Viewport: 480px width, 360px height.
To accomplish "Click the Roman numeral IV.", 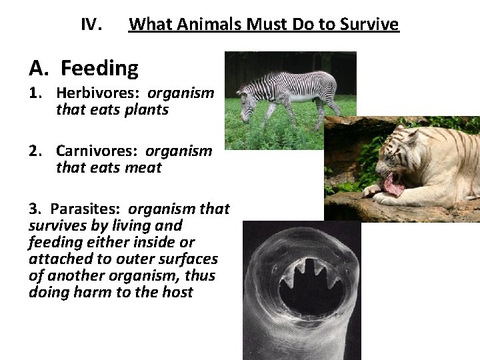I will [90, 25].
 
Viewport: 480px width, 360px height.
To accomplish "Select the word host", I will [178, 292].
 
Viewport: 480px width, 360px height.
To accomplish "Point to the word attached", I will [57, 259].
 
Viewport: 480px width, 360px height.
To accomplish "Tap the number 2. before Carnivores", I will [37, 151].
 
